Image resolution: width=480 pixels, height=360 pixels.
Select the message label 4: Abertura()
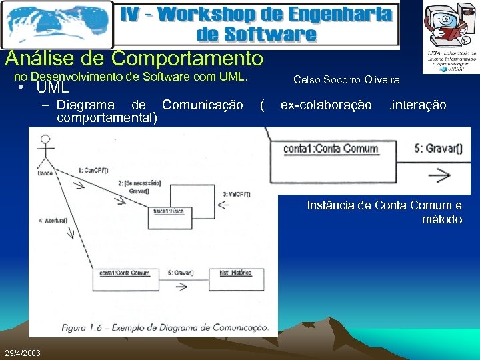53,219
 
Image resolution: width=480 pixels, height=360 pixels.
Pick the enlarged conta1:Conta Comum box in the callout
331,149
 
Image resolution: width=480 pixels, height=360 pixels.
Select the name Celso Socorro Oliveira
347,80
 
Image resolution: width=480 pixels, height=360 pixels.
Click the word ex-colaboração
326,105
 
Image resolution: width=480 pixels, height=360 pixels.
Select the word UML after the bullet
53,87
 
